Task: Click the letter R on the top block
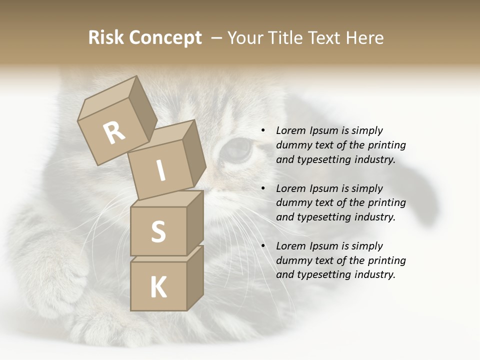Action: coord(114,133)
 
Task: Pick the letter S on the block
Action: coord(158,231)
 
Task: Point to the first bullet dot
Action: coord(262,131)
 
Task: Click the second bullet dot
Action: coord(262,189)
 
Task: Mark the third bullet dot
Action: coord(262,246)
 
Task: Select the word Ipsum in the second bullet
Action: coord(323,188)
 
